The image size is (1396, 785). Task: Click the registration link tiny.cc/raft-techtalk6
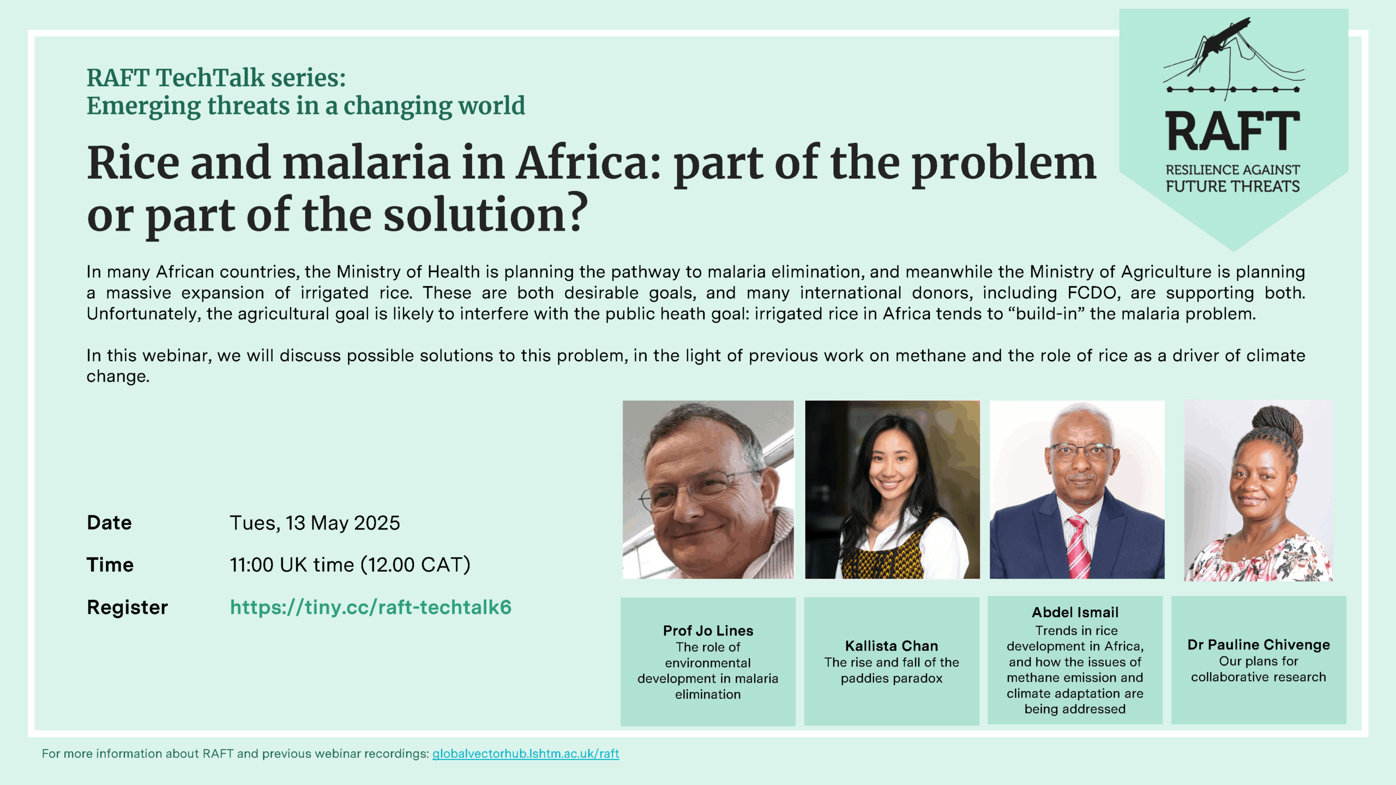point(371,607)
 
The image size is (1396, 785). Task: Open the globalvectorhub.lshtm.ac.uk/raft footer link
point(526,753)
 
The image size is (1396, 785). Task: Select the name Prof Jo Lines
point(708,631)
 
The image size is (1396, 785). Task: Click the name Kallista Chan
point(892,646)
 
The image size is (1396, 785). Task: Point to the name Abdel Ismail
point(1075,612)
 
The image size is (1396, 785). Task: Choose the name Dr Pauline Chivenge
point(1259,645)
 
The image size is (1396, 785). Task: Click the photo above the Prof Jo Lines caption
point(708,490)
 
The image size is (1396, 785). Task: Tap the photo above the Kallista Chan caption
point(892,490)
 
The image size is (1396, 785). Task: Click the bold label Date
point(109,522)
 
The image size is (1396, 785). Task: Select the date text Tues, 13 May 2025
point(315,523)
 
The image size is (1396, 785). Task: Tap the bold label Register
point(127,607)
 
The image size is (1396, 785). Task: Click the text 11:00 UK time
point(292,565)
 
